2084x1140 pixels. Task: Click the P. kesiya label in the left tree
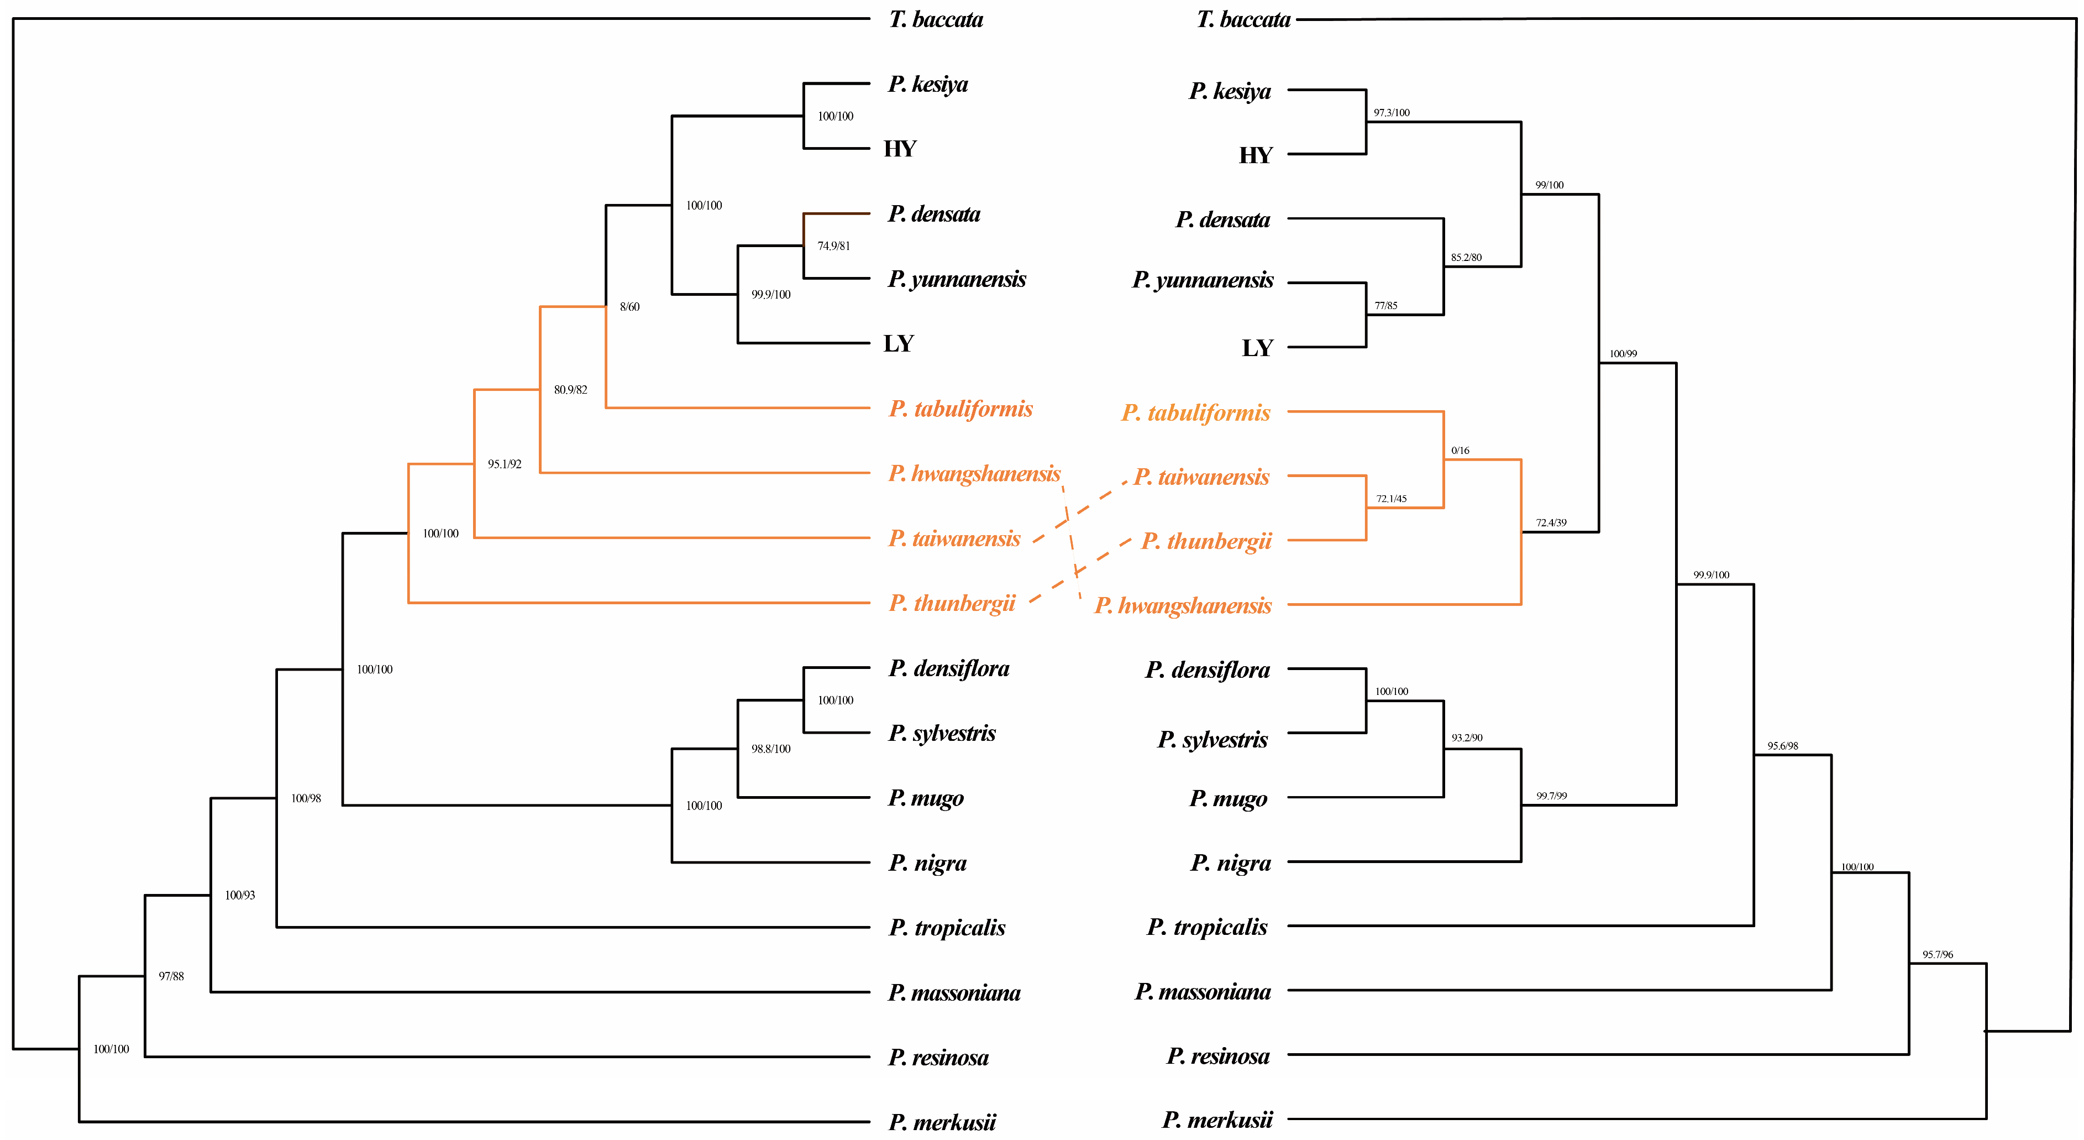[x=927, y=84]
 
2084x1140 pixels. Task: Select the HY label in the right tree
[x=1256, y=155]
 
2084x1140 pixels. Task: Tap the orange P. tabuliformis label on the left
[x=960, y=409]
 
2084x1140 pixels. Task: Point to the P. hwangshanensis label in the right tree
[x=1183, y=605]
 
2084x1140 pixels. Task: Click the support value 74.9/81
[x=833, y=246]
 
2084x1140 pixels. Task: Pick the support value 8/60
[x=629, y=307]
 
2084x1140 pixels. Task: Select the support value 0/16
[x=1460, y=451]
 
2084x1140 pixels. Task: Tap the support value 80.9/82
[x=570, y=390]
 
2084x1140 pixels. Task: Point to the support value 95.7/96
[x=1938, y=955]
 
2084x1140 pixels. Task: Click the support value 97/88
[x=171, y=976]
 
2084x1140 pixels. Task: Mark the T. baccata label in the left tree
[x=936, y=19]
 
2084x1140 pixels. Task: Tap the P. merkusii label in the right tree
[x=1217, y=1120]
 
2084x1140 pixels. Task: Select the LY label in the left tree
[x=899, y=344]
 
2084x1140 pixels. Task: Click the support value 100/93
[x=239, y=896]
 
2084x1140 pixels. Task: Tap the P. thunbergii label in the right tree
[x=1206, y=541]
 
